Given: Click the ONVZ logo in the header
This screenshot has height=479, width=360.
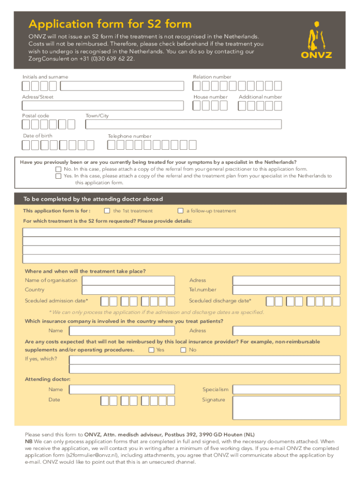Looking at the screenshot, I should point(316,40).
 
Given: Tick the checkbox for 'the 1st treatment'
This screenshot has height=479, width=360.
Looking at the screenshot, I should point(107,210).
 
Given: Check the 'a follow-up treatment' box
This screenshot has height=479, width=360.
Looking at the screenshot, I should point(180,210).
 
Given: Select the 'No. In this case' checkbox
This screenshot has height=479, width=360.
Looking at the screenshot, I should point(58,169).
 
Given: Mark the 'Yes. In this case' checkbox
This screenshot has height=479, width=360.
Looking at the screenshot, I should point(58,176).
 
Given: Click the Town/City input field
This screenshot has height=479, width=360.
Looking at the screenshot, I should point(183,124).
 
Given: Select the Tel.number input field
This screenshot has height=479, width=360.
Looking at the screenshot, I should point(286,290).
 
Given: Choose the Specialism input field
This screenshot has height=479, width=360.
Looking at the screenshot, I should point(286,389).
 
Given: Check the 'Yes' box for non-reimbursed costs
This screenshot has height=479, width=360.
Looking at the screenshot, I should point(151,350).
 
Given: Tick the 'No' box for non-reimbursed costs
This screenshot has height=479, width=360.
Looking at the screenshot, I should point(183,350).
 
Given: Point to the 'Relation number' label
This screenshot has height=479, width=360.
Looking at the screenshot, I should point(212,77).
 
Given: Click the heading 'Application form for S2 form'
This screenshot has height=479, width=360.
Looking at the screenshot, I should point(110,24).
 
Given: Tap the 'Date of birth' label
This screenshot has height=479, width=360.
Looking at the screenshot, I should point(38,136).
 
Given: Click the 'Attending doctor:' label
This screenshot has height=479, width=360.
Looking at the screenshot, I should point(48,379).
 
